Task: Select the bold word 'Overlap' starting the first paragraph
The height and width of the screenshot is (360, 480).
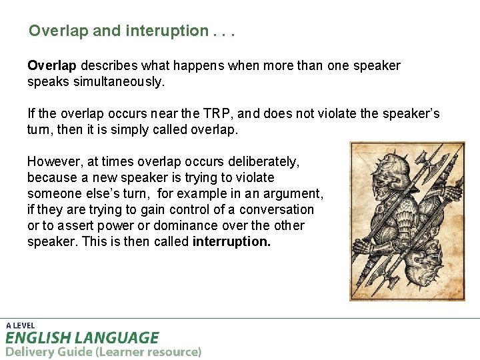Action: tap(52, 65)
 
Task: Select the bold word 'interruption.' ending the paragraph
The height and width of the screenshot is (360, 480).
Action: tap(231, 241)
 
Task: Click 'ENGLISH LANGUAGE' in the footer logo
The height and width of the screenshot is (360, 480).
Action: tap(82, 337)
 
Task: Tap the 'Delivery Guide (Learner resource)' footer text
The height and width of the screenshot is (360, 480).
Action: tap(103, 351)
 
